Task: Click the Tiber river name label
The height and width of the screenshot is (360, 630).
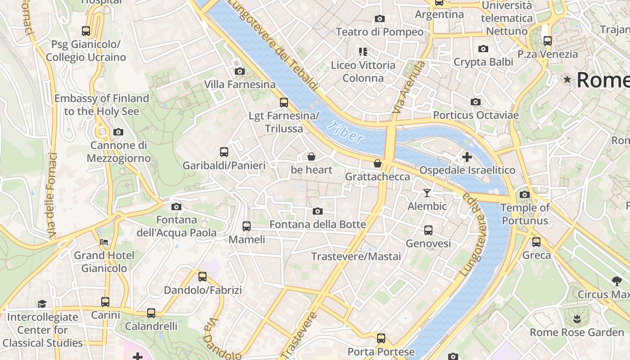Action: coord(346,132)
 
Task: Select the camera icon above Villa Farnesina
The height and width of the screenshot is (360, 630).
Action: coord(240,71)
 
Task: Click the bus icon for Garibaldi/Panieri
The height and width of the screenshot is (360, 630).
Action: coord(224,152)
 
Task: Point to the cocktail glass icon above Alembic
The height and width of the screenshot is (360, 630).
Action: coord(427,193)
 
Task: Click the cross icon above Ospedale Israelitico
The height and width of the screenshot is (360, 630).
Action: coord(467,157)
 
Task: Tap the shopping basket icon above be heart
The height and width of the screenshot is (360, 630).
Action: coord(311,157)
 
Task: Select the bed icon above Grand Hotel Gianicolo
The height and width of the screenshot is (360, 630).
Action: coord(104,242)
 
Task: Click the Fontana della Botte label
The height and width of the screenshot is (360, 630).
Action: coord(317,224)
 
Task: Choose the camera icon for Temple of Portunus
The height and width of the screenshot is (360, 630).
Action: coord(525,194)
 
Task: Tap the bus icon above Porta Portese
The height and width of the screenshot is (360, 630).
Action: coord(381,338)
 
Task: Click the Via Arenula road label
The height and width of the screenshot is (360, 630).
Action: coord(408,88)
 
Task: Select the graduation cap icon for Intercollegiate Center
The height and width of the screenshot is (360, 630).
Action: coord(42,304)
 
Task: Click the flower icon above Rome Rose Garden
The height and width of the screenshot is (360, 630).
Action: coord(576,319)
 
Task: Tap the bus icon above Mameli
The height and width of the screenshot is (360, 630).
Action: coord(247,226)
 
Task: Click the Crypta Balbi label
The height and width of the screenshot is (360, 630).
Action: coord(483,62)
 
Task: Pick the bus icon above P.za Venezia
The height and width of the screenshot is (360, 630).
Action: coord(548,40)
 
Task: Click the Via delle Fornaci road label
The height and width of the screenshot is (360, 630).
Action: coord(52,196)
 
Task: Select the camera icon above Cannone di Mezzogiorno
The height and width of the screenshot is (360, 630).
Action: coord(118,132)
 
